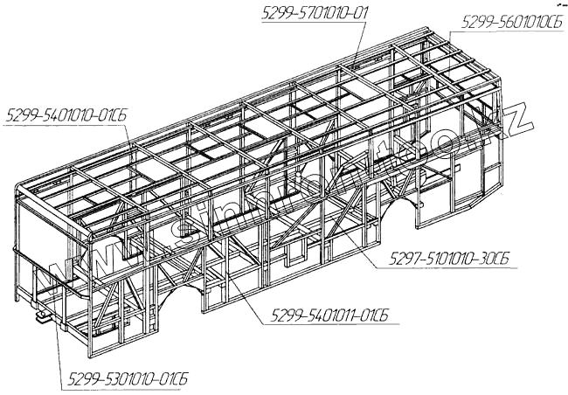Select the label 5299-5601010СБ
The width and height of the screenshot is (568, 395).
point(510,24)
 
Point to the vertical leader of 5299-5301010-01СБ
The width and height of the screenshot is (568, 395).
point(59,341)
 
